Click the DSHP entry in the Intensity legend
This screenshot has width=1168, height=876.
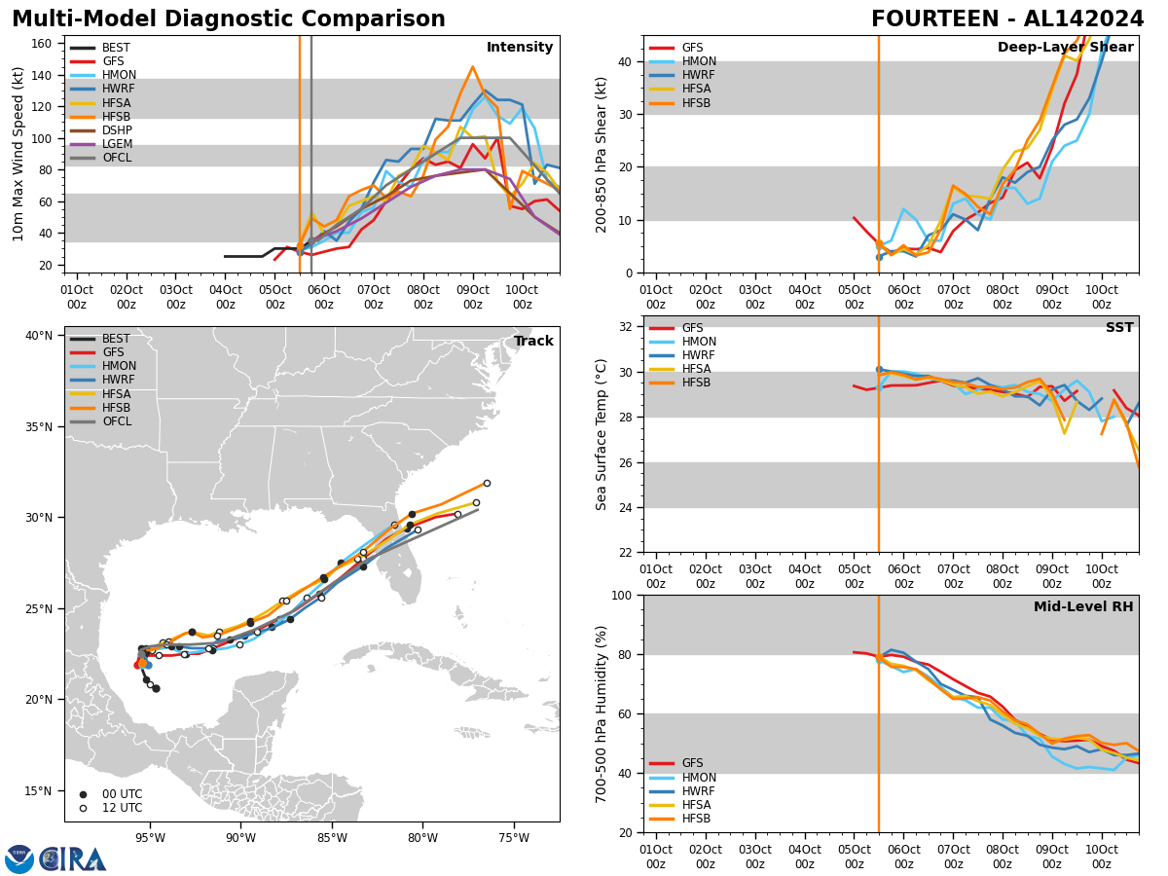(117, 130)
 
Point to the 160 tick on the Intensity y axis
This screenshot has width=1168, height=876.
(45, 44)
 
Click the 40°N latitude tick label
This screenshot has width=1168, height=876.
(39, 336)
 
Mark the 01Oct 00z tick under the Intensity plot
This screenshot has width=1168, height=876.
(77, 296)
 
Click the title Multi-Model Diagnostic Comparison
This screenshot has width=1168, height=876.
(229, 19)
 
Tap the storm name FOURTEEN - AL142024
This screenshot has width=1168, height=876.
(1007, 19)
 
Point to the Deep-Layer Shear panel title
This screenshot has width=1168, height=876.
(1065, 48)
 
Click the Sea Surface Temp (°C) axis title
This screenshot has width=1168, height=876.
(602, 434)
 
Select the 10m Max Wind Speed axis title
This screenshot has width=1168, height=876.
(18, 154)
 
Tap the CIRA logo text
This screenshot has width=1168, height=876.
(73, 859)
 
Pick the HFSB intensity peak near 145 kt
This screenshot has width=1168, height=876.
(472, 67)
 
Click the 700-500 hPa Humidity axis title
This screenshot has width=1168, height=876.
(602, 713)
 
